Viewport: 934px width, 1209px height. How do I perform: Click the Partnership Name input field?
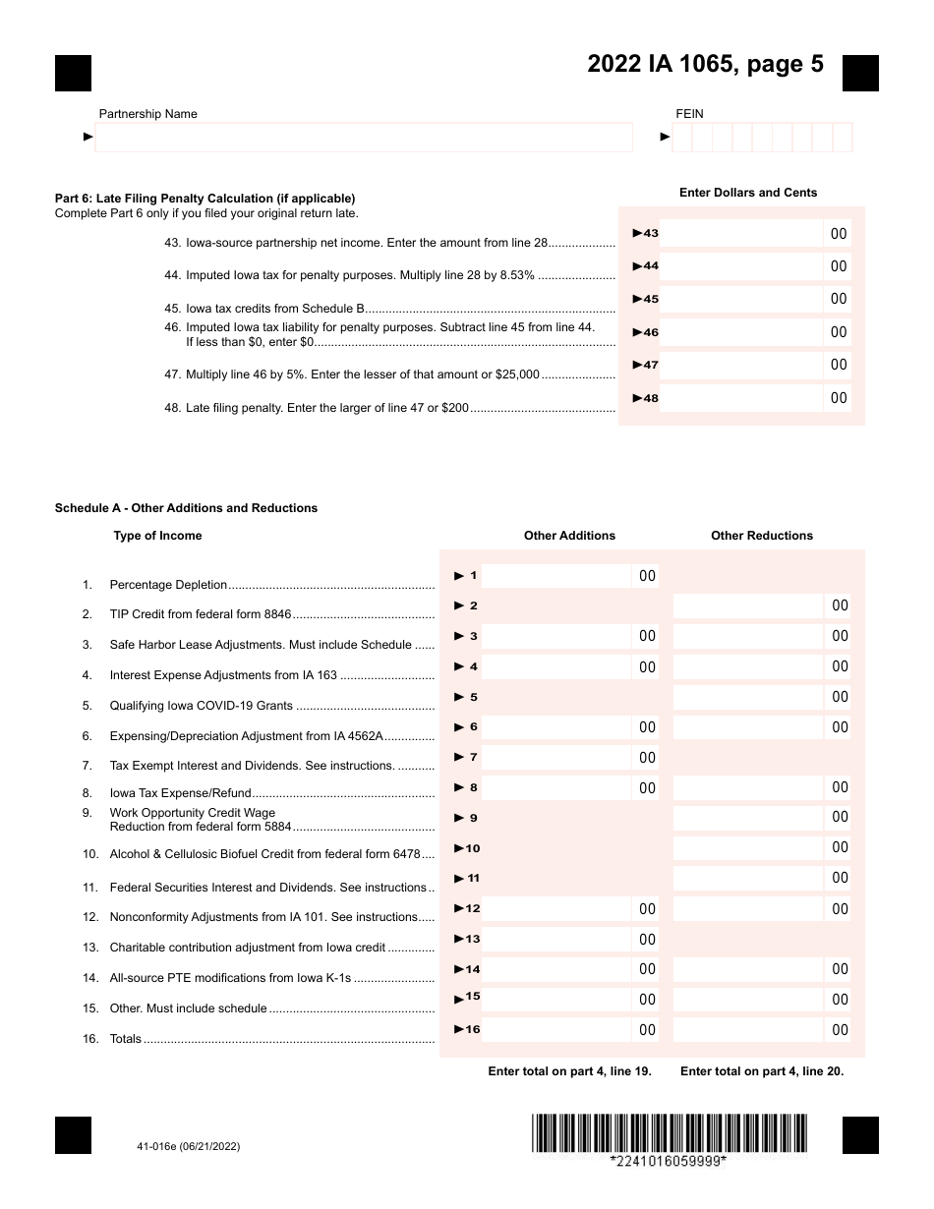[364, 138]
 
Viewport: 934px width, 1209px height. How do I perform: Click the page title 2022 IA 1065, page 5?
[705, 65]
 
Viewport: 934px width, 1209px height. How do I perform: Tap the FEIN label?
[689, 114]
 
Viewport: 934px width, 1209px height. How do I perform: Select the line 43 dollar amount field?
[740, 234]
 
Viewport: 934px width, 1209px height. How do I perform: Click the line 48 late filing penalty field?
[740, 398]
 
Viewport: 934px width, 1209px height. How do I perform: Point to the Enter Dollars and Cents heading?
[747, 193]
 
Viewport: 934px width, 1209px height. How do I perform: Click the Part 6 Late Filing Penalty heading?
[204, 199]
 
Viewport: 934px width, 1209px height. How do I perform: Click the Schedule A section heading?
[186, 508]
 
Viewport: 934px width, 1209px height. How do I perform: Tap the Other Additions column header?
[569, 536]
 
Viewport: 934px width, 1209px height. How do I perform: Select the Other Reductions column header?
[762, 536]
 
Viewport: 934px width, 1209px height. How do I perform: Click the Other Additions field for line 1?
[556, 576]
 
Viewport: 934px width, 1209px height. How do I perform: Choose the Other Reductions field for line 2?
[747, 605]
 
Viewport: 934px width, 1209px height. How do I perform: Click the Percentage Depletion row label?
[168, 585]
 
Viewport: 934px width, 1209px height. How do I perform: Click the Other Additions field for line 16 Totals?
[556, 1030]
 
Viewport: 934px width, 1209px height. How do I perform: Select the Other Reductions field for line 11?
[747, 878]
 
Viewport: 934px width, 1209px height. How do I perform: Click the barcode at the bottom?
[669, 1133]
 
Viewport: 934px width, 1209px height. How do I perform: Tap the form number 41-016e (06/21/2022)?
[189, 1146]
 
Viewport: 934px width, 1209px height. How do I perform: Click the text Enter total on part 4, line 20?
[761, 1071]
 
